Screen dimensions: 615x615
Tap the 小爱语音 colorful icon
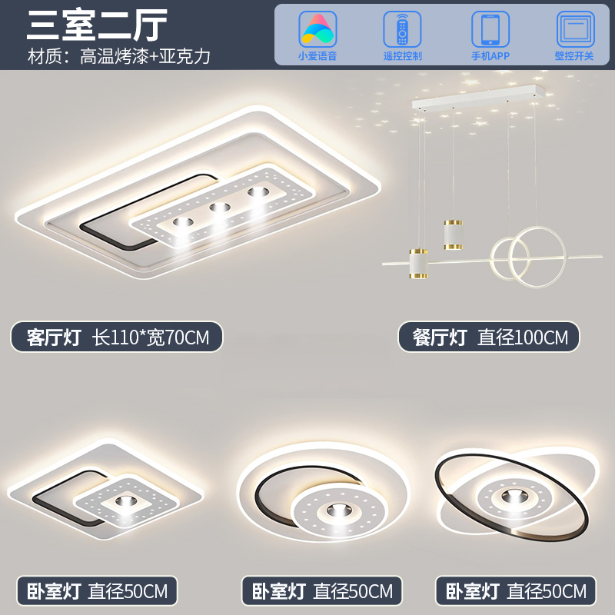(x=317, y=29)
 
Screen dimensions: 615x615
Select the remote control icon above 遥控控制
(x=402, y=29)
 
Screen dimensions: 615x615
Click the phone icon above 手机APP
(x=490, y=29)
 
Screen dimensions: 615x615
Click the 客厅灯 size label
(x=117, y=337)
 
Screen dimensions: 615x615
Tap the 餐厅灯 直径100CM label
(x=488, y=337)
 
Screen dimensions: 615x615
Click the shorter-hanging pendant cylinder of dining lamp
(x=453, y=234)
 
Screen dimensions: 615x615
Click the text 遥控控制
(x=402, y=56)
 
